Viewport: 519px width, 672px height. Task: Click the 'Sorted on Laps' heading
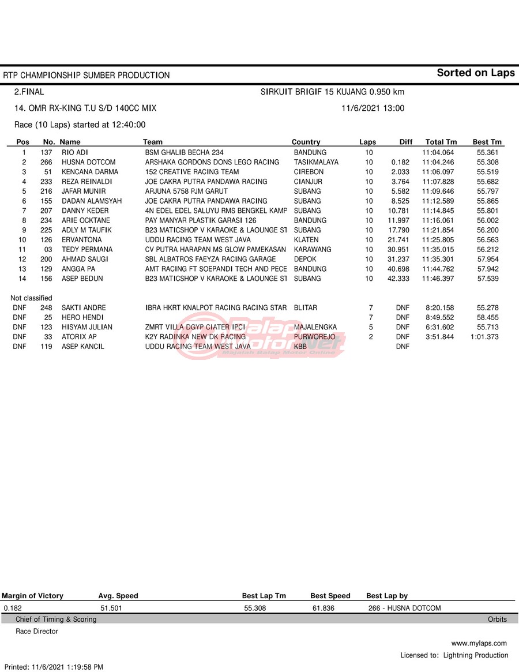click(x=475, y=73)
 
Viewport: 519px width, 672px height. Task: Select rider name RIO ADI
click(x=74, y=152)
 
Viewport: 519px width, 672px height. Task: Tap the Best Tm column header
click(x=487, y=142)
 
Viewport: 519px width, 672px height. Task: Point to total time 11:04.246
click(x=438, y=162)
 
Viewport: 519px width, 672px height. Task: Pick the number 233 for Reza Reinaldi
click(x=46, y=182)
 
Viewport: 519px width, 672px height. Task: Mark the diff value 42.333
click(x=398, y=279)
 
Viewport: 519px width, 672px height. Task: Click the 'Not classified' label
click(x=31, y=298)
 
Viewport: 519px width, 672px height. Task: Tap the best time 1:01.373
click(x=484, y=337)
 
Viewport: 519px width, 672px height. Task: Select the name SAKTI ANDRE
click(x=84, y=308)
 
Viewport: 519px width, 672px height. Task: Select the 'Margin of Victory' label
click(x=33, y=596)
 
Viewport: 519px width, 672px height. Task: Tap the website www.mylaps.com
click(x=479, y=643)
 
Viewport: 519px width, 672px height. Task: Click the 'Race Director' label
click(x=37, y=631)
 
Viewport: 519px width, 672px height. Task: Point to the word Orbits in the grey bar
click(x=497, y=620)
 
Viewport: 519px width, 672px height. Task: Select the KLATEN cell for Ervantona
click(x=306, y=240)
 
